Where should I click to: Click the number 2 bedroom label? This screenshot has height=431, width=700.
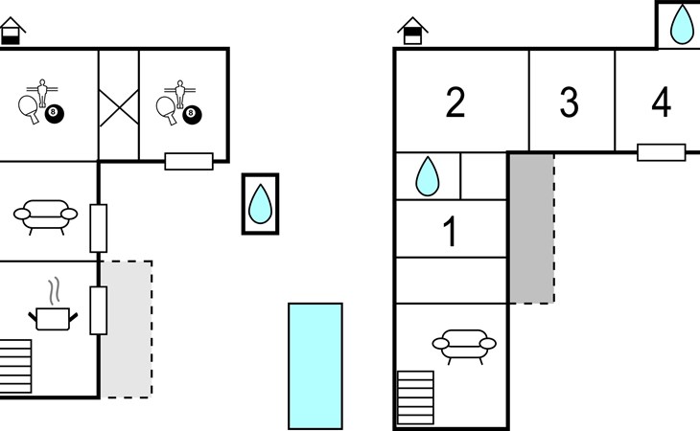[455, 102]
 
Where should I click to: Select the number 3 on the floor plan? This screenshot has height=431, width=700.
[570, 102]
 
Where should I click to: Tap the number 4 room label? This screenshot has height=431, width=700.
[661, 102]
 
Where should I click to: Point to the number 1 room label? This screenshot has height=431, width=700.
[451, 231]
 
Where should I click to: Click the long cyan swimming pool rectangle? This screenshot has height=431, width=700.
[315, 367]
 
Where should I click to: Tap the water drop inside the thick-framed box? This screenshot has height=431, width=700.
[260, 204]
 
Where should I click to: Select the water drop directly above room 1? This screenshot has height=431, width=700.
[428, 176]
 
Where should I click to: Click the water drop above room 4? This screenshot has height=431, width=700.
[682, 24]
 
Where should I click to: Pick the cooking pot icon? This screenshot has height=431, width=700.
[53, 319]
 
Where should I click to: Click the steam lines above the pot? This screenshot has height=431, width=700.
[54, 291]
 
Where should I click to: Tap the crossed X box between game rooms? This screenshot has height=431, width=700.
[119, 108]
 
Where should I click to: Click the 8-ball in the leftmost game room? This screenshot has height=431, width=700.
[55, 114]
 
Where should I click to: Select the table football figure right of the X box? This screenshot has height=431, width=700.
[179, 94]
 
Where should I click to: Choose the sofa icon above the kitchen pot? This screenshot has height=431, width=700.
[45, 216]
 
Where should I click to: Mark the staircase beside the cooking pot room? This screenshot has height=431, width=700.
[15, 367]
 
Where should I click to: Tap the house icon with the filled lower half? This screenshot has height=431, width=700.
[12, 31]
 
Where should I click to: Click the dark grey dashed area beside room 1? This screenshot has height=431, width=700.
[532, 229]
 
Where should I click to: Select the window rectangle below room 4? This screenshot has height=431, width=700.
[661, 152]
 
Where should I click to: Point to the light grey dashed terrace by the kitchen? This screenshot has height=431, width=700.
[127, 329]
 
